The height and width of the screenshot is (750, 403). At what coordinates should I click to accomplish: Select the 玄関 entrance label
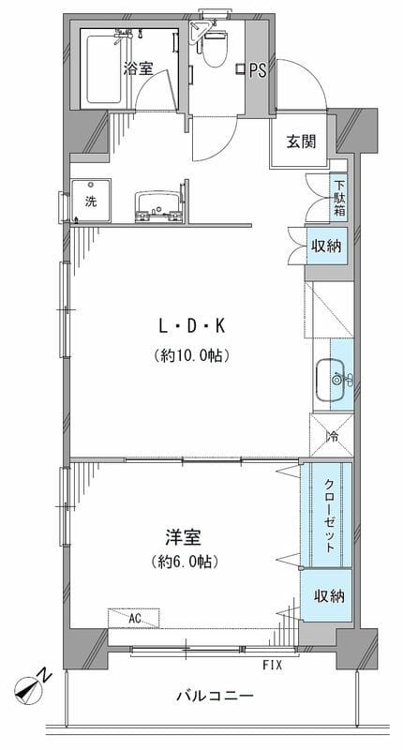(300, 142)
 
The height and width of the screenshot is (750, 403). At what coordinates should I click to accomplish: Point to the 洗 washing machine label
(90, 200)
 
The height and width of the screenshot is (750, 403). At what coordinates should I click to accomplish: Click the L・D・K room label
(192, 325)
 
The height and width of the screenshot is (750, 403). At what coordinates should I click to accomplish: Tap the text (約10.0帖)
(192, 355)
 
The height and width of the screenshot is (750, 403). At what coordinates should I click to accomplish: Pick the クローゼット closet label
(331, 514)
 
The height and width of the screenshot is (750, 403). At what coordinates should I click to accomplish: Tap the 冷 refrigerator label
(332, 435)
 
